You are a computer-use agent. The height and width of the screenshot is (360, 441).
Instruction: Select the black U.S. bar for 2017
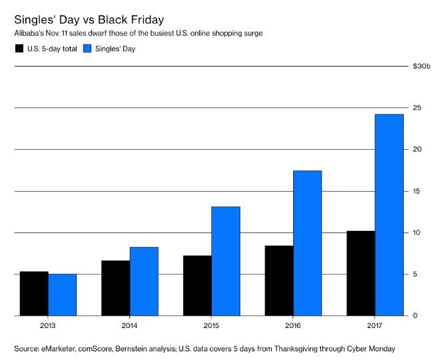[361, 273]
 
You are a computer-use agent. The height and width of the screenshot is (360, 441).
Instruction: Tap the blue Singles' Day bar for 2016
[307, 243]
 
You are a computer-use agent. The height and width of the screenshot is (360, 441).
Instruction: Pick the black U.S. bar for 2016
[279, 280]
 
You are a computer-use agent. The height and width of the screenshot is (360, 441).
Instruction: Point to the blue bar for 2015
[225, 261]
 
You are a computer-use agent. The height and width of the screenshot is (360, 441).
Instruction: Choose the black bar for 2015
[197, 285]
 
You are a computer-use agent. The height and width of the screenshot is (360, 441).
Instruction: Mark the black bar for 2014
[116, 287]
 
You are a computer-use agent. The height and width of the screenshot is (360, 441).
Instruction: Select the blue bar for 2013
[62, 294]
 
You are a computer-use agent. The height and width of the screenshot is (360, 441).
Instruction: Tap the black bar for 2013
[34, 293]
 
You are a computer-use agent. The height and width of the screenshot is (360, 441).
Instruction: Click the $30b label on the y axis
[422, 66]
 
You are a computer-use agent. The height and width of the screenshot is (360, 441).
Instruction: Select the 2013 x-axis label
[48, 325]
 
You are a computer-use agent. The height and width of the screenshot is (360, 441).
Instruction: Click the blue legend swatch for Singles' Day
[88, 49]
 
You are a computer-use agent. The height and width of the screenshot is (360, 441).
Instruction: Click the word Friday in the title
[139, 15]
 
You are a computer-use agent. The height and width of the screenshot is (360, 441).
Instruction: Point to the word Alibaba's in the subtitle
[28, 33]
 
